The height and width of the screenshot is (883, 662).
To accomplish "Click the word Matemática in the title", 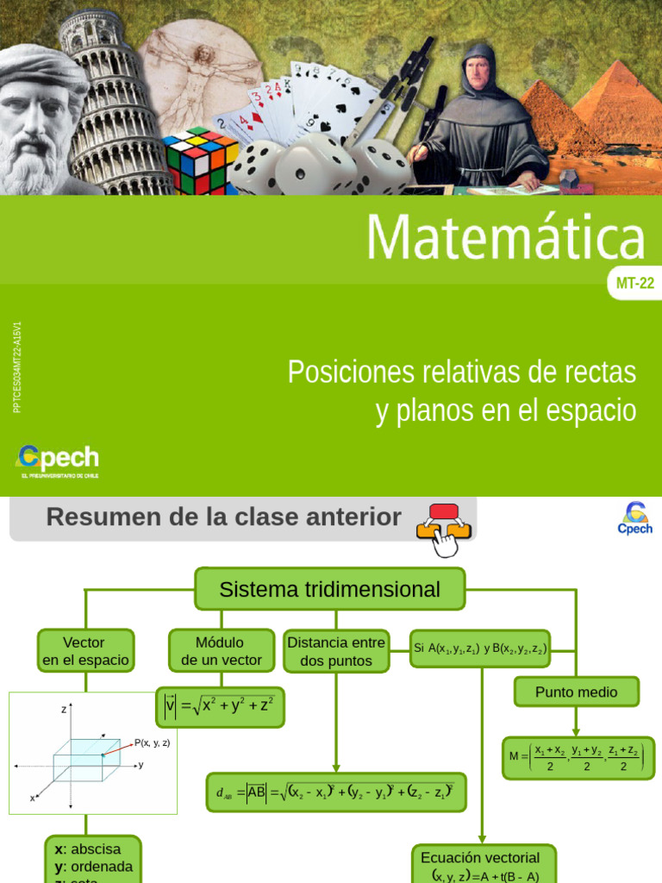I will (506, 237).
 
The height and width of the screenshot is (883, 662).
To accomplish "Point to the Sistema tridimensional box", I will (329, 589).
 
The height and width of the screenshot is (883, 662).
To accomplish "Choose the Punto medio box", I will (577, 692).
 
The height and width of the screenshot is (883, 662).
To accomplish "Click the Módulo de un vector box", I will (221, 651).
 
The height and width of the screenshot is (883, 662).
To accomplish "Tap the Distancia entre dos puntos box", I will (336, 651).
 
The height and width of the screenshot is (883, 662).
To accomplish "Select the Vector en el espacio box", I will (85, 651).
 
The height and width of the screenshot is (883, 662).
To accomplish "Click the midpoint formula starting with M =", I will (578, 758).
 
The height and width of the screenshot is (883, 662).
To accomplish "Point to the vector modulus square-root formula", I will (220, 706).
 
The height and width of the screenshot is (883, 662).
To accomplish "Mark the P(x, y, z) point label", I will (152, 742).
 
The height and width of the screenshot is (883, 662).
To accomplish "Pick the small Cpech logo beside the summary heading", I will (635, 518).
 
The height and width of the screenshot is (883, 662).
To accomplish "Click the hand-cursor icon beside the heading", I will (444, 528).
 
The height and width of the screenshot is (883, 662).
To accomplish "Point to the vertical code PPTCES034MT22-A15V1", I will (18, 367).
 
